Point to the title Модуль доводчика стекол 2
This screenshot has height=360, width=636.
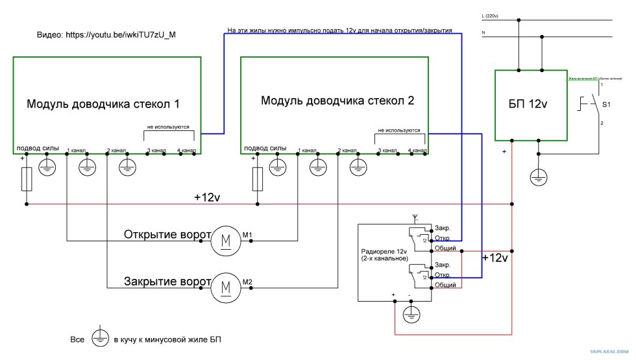point(337,101)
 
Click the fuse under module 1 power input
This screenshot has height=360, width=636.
point(27,179)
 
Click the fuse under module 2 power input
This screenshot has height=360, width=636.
point(258,179)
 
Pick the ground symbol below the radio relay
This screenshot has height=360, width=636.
point(410,315)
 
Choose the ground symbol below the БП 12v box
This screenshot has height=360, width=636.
point(539,175)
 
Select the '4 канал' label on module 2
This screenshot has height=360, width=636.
point(418,150)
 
